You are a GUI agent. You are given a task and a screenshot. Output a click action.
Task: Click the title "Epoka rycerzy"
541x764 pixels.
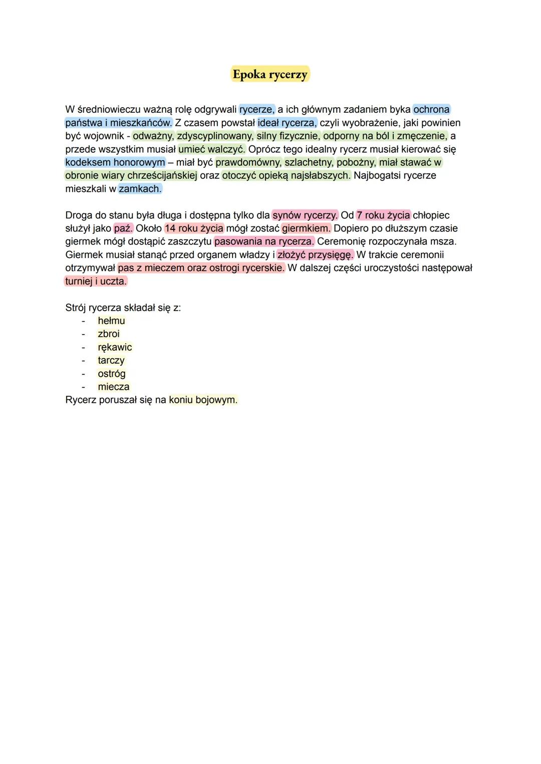pyautogui.click(x=270, y=75)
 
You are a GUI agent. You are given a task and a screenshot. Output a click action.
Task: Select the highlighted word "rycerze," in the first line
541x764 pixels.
pyautogui.click(x=257, y=109)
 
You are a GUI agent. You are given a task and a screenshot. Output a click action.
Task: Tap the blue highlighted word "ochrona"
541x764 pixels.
pyautogui.click(x=431, y=109)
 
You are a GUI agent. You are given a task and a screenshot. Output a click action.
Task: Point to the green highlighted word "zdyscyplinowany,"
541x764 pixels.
pyautogui.click(x=215, y=136)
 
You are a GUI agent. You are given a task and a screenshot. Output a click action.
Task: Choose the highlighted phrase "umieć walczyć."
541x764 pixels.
pyautogui.click(x=212, y=149)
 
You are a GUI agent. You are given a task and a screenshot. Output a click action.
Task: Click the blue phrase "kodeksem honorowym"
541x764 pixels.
pyautogui.click(x=115, y=162)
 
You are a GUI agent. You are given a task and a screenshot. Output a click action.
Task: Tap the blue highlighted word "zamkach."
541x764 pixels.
pyautogui.click(x=140, y=189)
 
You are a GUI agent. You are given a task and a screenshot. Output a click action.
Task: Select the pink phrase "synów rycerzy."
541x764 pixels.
pyautogui.click(x=305, y=215)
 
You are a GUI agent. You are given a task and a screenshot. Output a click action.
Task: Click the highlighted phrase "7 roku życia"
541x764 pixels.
pyautogui.click(x=383, y=215)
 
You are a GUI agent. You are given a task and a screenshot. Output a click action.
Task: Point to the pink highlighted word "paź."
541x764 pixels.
pyautogui.click(x=123, y=228)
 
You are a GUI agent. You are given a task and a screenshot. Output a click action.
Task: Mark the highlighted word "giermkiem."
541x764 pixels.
pyautogui.click(x=306, y=228)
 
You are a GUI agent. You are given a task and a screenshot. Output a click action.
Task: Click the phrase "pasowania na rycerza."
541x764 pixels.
pyautogui.click(x=264, y=241)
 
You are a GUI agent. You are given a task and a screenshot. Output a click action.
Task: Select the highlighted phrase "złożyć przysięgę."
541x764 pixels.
pyautogui.click(x=315, y=255)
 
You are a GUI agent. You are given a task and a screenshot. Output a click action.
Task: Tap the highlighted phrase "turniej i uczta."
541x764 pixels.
pyautogui.click(x=96, y=282)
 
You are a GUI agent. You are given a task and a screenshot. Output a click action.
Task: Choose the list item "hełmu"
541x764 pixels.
pyautogui.click(x=111, y=321)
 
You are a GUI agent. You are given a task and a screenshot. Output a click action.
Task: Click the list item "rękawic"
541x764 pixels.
pyautogui.click(x=115, y=347)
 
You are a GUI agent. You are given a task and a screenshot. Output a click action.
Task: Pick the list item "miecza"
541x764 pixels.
pyautogui.click(x=114, y=387)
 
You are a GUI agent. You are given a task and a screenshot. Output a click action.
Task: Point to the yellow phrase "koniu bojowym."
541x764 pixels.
pyautogui.click(x=203, y=400)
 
